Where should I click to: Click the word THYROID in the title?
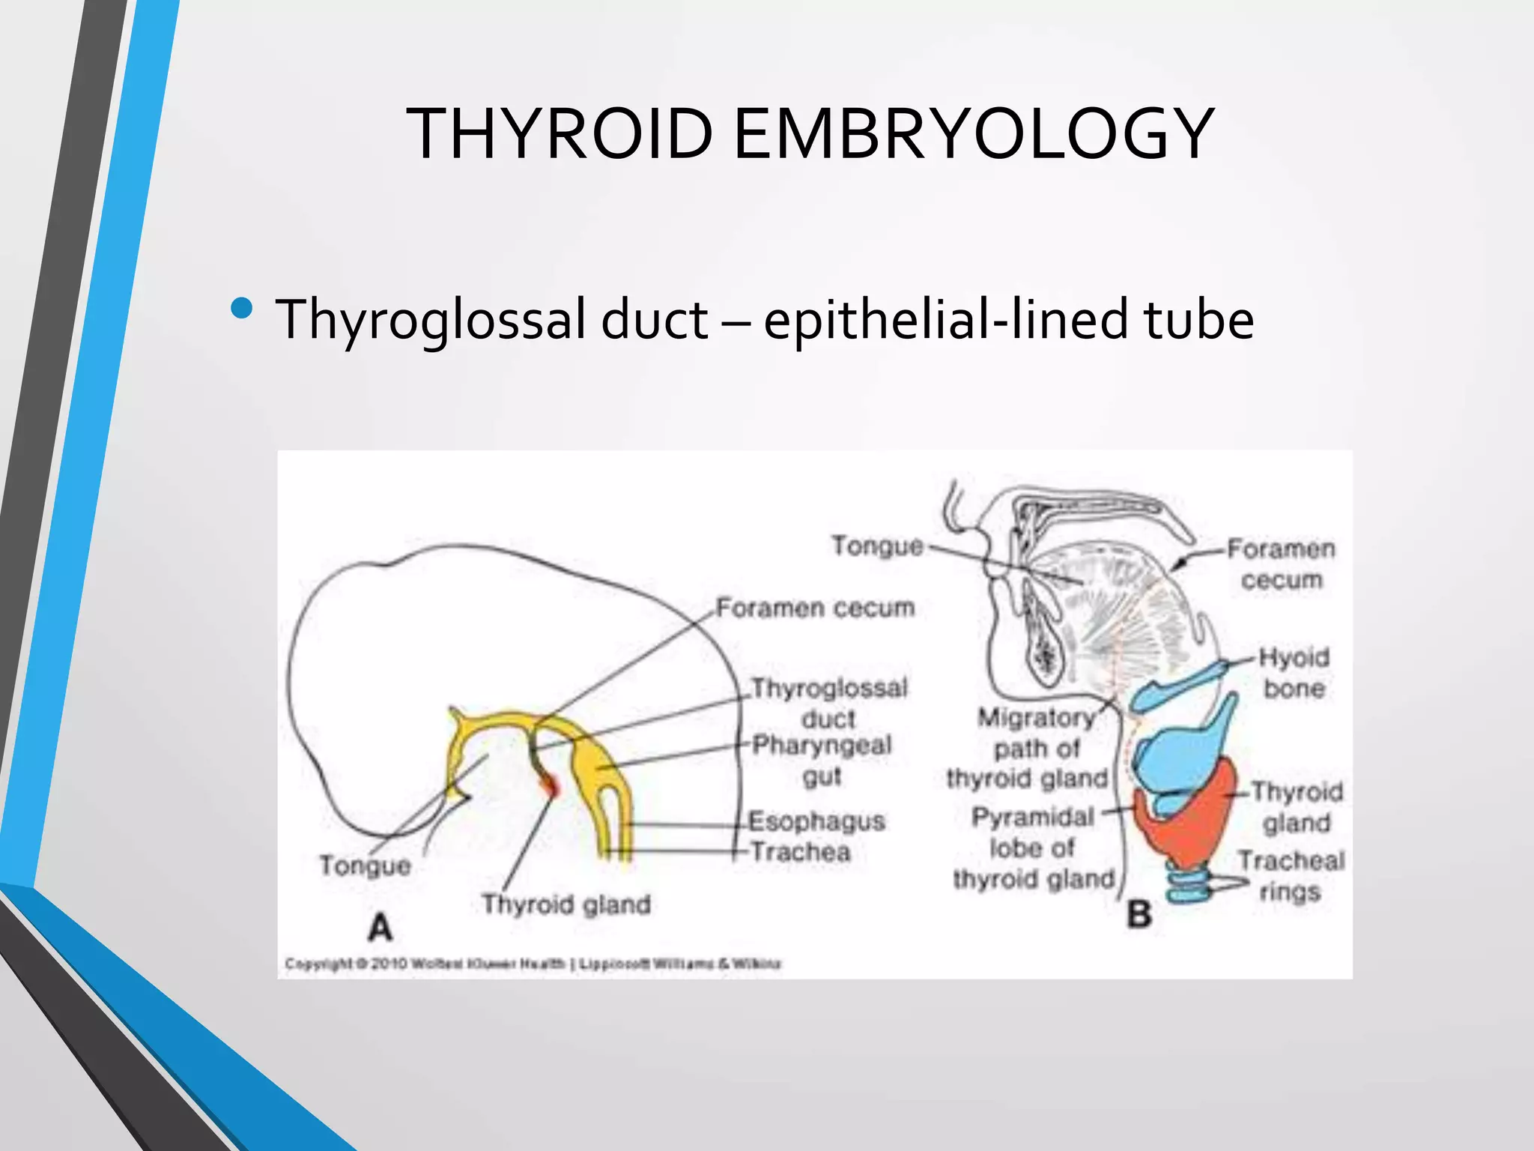pyautogui.click(x=559, y=135)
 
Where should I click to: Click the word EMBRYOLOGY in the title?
pyautogui.click(x=973, y=135)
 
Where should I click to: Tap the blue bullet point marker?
pyautogui.click(x=242, y=308)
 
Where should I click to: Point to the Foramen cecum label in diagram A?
pyautogui.click(x=815, y=608)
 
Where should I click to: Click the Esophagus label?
pyautogui.click(x=816, y=821)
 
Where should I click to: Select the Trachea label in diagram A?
pyautogui.click(x=800, y=852)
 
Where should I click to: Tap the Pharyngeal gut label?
pyautogui.click(x=822, y=761)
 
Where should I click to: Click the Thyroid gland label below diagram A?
pyautogui.click(x=566, y=904)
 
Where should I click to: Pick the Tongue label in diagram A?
pyautogui.click(x=365, y=865)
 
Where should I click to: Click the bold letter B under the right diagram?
pyautogui.click(x=1139, y=914)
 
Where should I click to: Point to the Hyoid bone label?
pyautogui.click(x=1294, y=673)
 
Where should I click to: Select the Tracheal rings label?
pyautogui.click(x=1290, y=876)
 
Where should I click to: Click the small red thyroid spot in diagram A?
pyautogui.click(x=553, y=786)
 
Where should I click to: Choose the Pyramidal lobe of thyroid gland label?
pyautogui.click(x=1034, y=848)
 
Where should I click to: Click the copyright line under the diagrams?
pyautogui.click(x=533, y=964)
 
